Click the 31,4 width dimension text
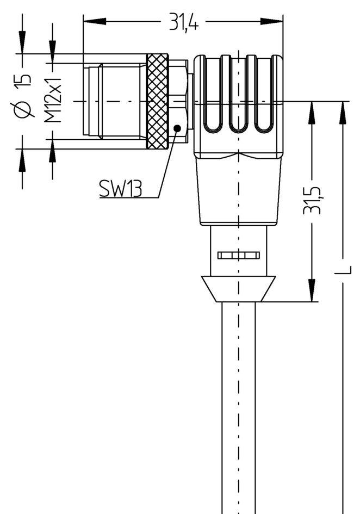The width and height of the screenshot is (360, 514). (x=183, y=23)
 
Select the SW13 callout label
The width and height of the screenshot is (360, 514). (x=120, y=189)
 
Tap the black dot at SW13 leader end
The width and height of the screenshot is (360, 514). (x=177, y=128)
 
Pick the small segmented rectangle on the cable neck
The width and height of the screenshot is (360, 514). (x=238, y=255)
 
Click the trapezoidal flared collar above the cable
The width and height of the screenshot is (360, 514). (x=238, y=288)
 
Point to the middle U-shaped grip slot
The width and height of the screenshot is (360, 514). (x=238, y=95)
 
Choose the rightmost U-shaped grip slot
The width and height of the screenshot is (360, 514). (x=263, y=95)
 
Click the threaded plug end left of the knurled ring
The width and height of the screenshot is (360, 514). (x=114, y=101)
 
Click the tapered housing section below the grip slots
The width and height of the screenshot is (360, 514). (x=238, y=190)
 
